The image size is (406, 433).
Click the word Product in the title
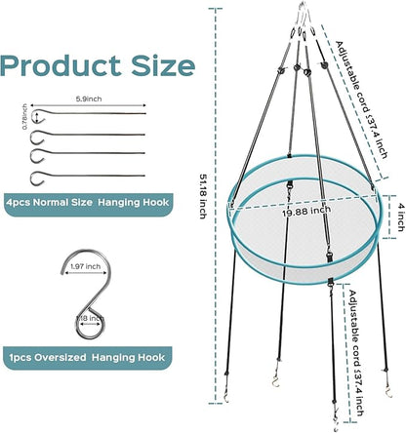[61, 66]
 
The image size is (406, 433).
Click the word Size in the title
[163, 65]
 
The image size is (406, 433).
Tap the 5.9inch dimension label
[89, 98]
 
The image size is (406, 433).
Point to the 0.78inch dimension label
[24, 117]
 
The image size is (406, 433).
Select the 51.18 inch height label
[203, 196]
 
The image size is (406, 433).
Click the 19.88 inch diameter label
[306, 212]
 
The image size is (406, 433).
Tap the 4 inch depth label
[401, 221]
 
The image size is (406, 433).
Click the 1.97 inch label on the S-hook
[86, 266]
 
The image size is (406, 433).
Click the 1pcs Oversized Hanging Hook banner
[87, 358]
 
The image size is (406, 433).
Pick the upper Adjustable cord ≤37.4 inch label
[361, 99]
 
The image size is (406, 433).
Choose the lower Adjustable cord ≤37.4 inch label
[356, 353]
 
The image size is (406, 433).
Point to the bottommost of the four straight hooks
[88, 177]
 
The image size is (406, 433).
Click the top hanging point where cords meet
[304, 10]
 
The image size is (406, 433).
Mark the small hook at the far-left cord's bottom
[226, 396]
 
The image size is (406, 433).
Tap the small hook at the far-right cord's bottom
[388, 392]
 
